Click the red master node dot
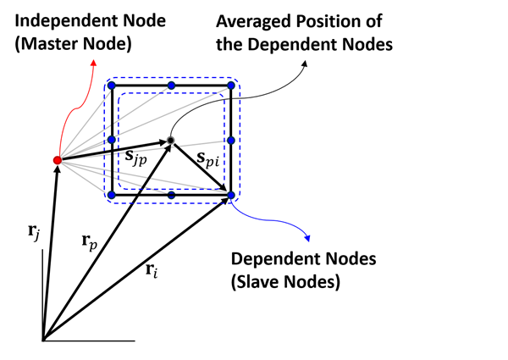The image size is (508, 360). (57, 159)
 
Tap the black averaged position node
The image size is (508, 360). (171, 140)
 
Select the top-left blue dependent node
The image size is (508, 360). (112, 86)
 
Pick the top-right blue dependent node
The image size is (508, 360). (230, 86)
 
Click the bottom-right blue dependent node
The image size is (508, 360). (230, 196)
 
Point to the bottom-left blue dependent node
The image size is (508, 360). (112, 196)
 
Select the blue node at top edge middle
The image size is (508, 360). (171, 86)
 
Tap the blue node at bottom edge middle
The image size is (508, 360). (171, 196)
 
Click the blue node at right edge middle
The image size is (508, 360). (230, 140)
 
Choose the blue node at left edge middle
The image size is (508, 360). (112, 140)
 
